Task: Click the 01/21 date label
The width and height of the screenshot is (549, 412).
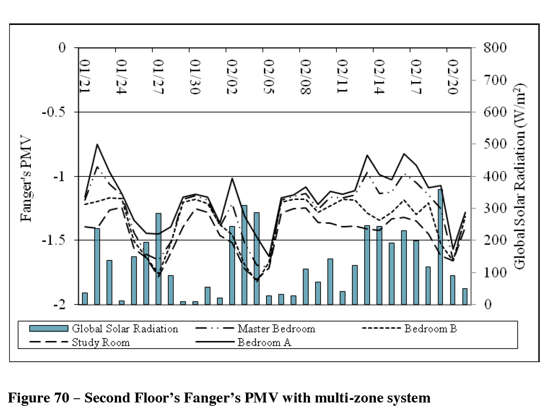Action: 85,77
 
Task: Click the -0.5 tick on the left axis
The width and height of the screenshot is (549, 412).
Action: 53,112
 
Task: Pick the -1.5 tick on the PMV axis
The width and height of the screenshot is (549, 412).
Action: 53,240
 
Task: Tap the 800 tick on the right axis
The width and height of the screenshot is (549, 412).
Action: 495,48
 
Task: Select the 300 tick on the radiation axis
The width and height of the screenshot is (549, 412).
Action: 495,208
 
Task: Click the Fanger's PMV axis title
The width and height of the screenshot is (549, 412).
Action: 26,179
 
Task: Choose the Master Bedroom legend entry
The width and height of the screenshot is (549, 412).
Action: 276,329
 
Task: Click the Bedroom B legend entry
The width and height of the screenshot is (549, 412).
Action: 430,329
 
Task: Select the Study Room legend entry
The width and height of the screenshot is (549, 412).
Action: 101,343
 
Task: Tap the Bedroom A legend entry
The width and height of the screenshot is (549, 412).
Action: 264,343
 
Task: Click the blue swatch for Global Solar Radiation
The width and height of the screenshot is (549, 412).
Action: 49,329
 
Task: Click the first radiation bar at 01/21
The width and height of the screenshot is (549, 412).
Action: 85,298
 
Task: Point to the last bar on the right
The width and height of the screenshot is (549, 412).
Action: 465,297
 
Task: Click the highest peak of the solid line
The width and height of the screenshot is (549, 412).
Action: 97,144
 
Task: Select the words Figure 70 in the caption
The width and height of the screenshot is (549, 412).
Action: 38,398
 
